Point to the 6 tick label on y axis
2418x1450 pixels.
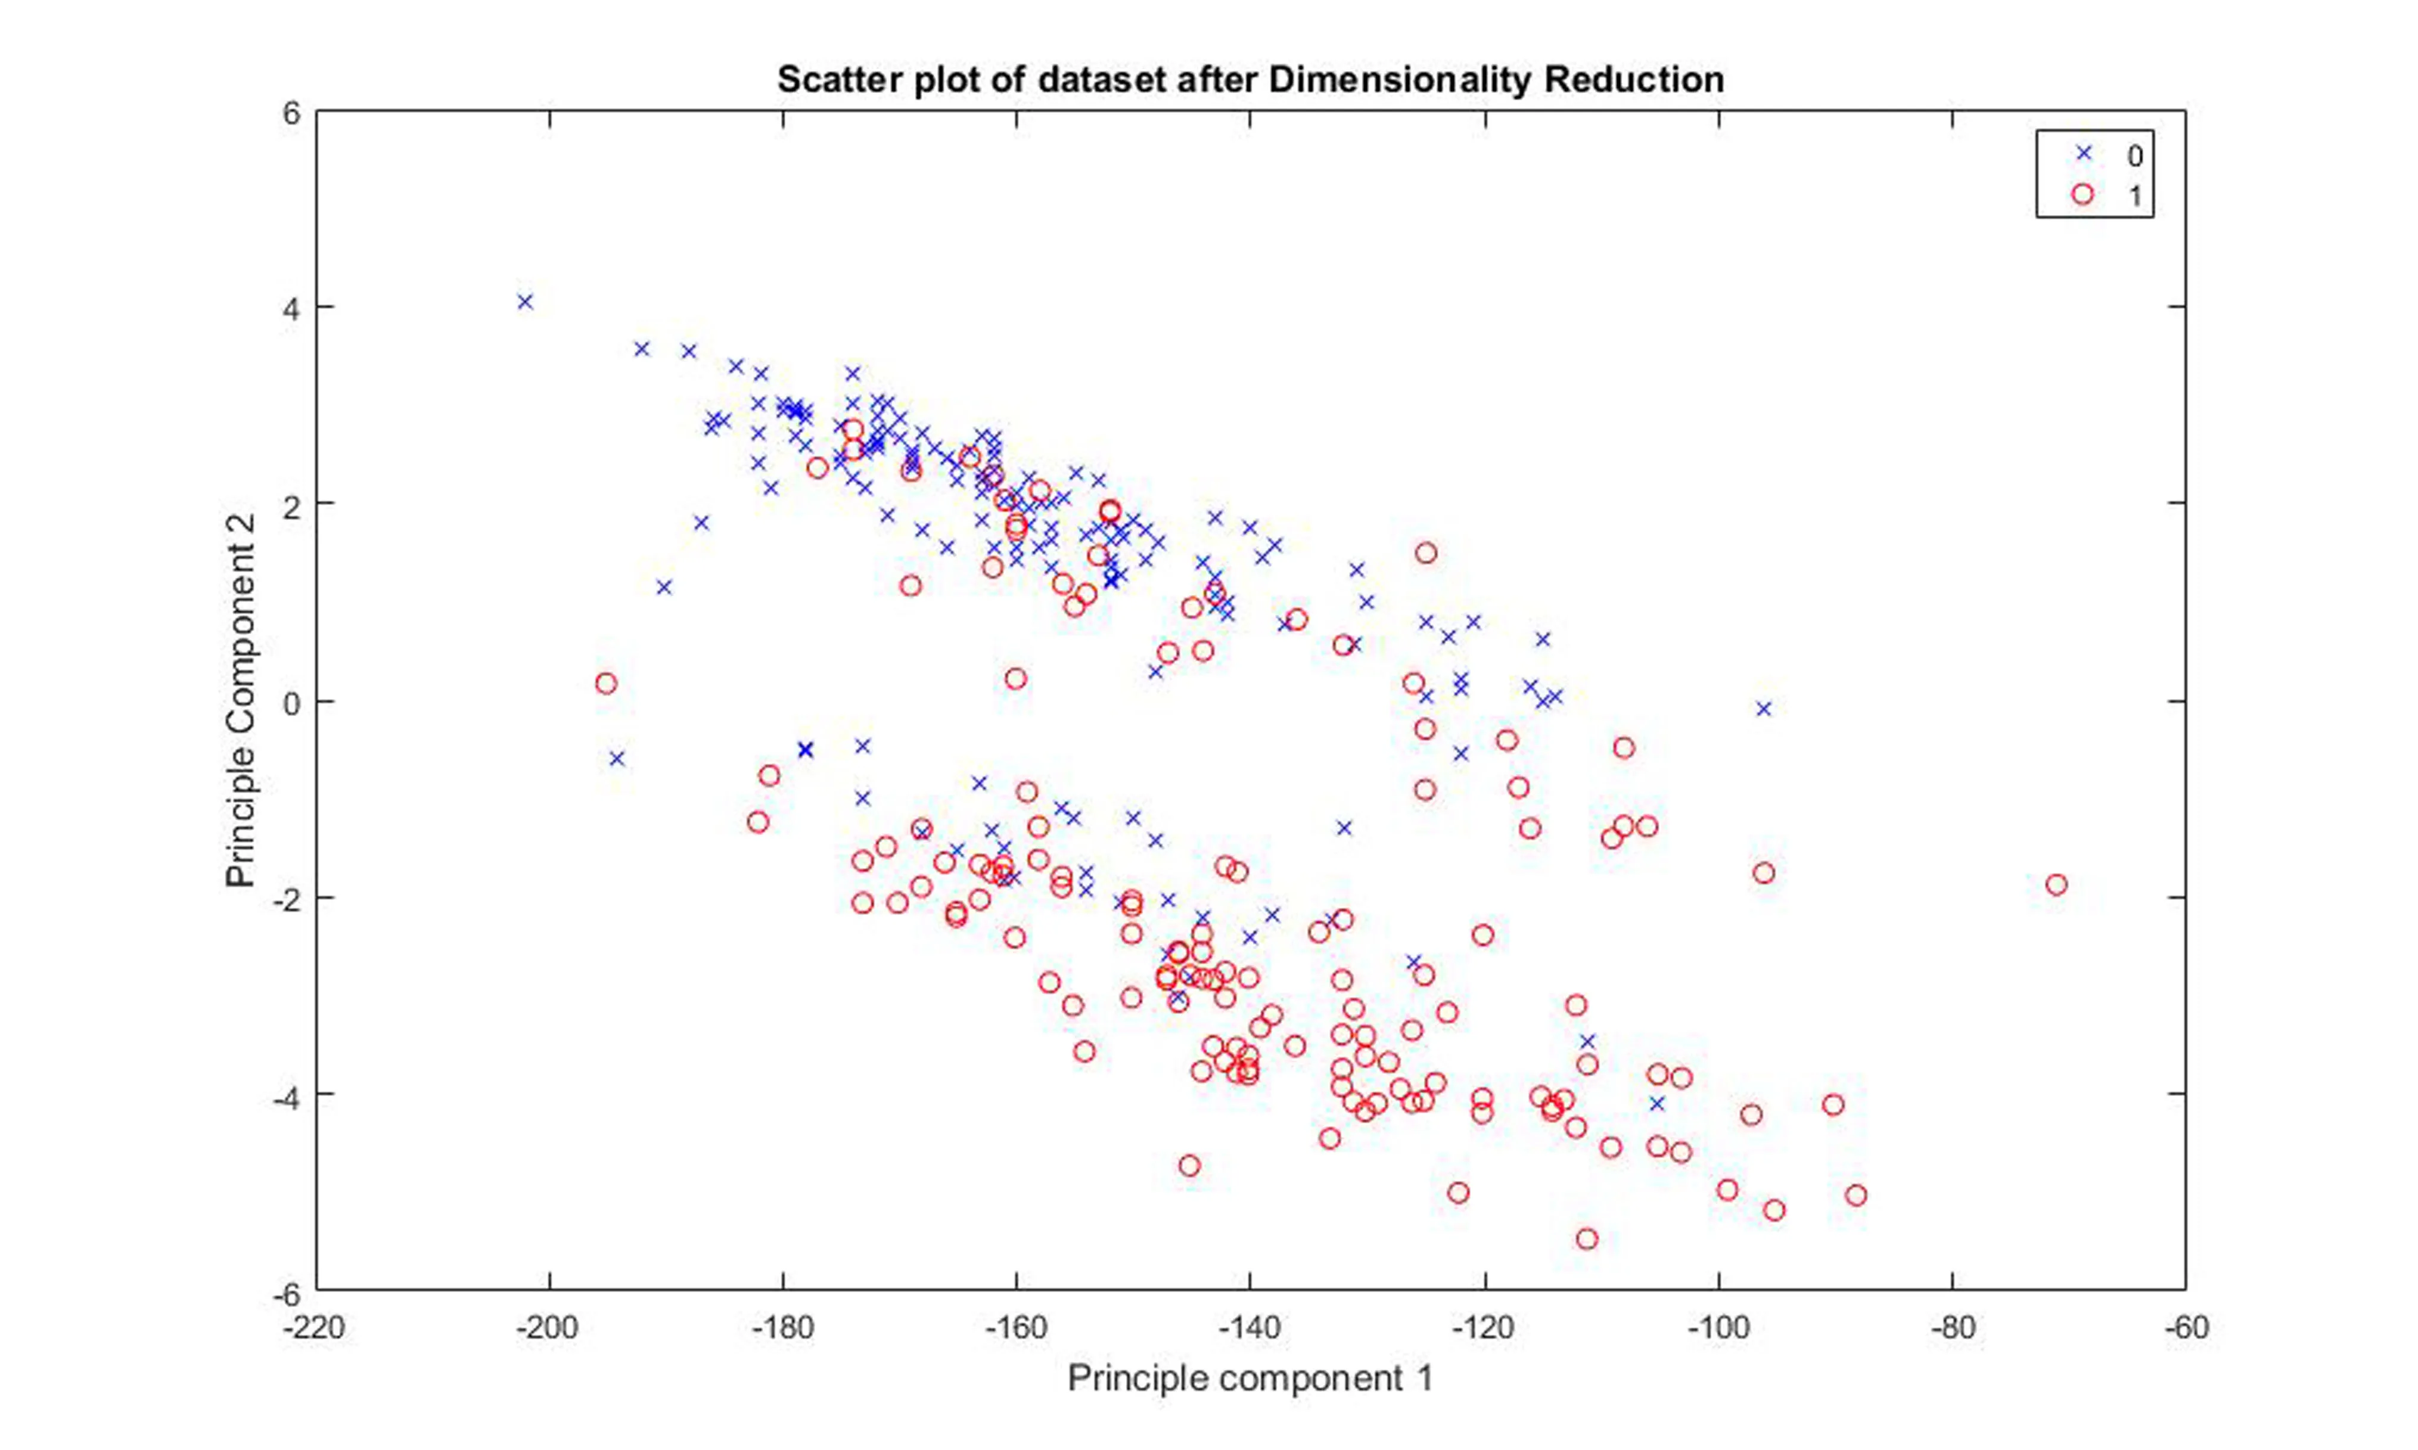pos(291,113)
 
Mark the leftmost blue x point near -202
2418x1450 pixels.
pos(526,302)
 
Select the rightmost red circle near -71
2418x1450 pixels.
pos(2056,884)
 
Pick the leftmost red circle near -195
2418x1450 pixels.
pos(606,683)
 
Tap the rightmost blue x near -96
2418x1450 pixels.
pos(1763,709)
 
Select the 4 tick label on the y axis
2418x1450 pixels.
pos(291,307)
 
